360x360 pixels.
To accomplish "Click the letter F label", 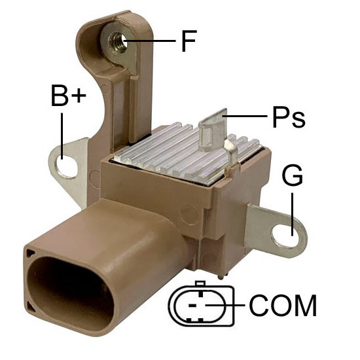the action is [189, 41].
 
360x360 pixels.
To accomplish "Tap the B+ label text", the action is [69, 96].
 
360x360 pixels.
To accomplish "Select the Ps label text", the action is [289, 117].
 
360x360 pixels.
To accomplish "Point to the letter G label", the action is [293, 175].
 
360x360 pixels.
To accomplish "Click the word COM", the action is [283, 306].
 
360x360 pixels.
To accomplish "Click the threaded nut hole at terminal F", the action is [118, 41].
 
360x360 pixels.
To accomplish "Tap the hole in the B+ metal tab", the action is [67, 167].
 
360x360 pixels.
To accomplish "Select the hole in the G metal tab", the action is [285, 236].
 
